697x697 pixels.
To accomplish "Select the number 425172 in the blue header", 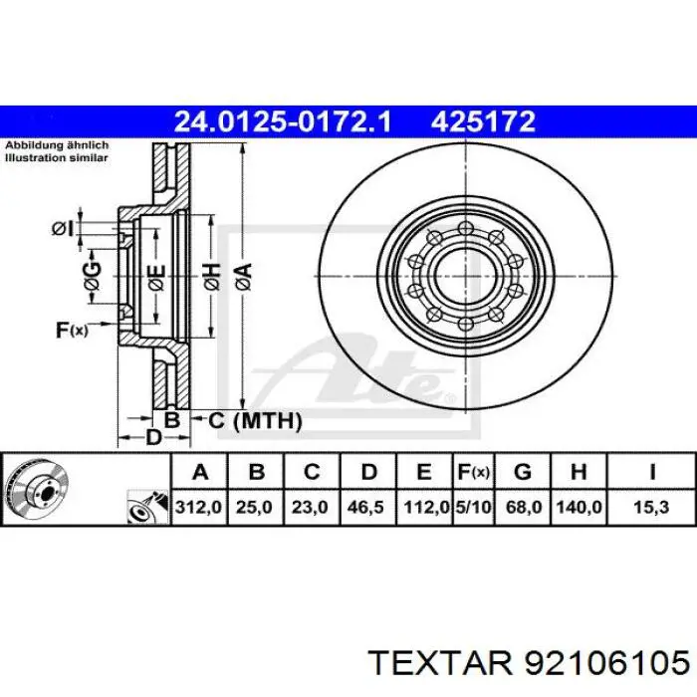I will coord(484,122).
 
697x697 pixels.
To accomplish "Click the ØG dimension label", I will coord(92,277).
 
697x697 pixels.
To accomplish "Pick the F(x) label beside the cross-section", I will coord(72,330).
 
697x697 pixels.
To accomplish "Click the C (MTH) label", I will coord(254,421).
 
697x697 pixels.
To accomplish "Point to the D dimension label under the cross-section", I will coord(152,437).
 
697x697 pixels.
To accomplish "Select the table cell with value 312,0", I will coord(199,507).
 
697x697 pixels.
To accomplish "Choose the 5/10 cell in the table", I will coord(472,507).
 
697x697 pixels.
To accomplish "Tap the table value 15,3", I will coord(651,507).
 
